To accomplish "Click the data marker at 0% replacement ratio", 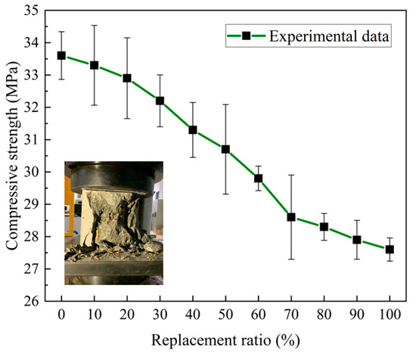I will (x=61, y=55).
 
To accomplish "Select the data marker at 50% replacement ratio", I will (x=225, y=149).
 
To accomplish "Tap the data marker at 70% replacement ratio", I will (x=291, y=217).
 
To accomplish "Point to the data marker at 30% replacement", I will (x=160, y=101).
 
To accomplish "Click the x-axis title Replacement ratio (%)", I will (x=225, y=343).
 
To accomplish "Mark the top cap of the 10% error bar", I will (x=94, y=25).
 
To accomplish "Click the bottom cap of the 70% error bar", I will (x=291, y=259).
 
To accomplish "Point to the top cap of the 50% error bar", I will (x=225, y=104).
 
